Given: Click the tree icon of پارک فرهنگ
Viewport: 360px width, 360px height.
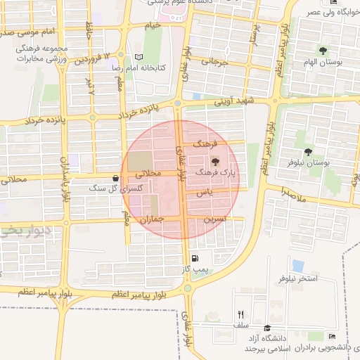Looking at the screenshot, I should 214,162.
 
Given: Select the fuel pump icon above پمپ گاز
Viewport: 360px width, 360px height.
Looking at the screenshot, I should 194,259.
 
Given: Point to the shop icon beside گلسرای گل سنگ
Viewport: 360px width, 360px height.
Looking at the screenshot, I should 115,178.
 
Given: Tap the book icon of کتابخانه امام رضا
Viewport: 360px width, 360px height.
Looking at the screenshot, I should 138,58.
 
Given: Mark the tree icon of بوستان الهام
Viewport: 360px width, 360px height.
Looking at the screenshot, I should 323,51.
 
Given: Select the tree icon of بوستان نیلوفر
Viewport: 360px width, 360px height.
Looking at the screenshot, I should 308,153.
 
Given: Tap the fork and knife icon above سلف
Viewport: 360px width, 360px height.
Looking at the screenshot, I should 241,315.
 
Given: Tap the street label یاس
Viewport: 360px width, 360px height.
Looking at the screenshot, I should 205,191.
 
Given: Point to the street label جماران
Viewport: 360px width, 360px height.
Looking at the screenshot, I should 150,220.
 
